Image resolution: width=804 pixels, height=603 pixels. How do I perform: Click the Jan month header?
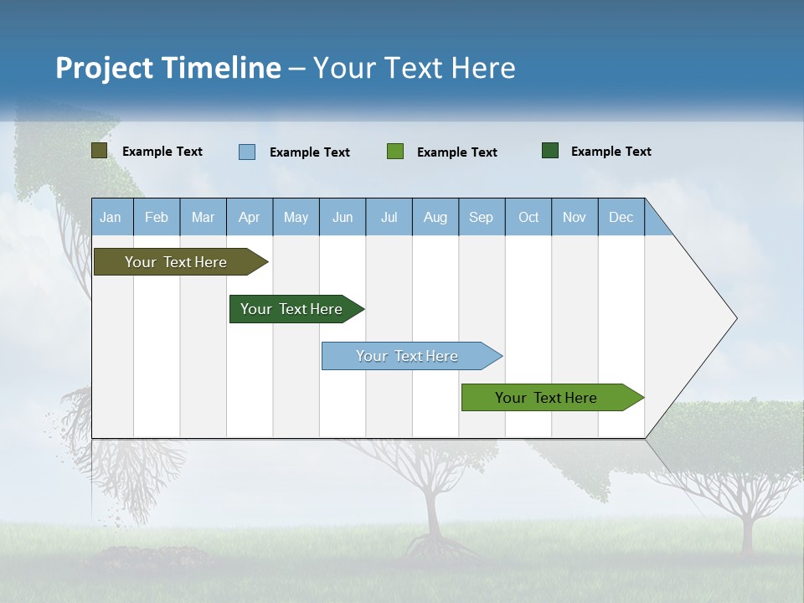(111, 217)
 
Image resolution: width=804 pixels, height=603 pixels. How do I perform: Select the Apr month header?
(249, 217)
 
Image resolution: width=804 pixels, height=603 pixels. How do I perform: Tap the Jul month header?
(389, 217)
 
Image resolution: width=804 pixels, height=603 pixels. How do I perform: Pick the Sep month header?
(481, 217)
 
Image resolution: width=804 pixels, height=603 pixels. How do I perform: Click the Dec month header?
(621, 217)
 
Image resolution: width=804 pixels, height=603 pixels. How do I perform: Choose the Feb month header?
(157, 217)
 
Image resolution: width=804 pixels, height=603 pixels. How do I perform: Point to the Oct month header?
(528, 217)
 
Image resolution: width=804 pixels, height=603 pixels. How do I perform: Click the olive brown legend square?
(99, 151)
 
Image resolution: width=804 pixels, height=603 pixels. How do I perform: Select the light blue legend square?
(247, 152)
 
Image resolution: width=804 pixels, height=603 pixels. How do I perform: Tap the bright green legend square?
(395, 152)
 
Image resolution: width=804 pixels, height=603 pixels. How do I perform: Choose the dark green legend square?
(550, 151)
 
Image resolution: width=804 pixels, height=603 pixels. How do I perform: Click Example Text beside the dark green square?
(611, 152)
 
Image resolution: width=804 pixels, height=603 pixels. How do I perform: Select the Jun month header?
(343, 217)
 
